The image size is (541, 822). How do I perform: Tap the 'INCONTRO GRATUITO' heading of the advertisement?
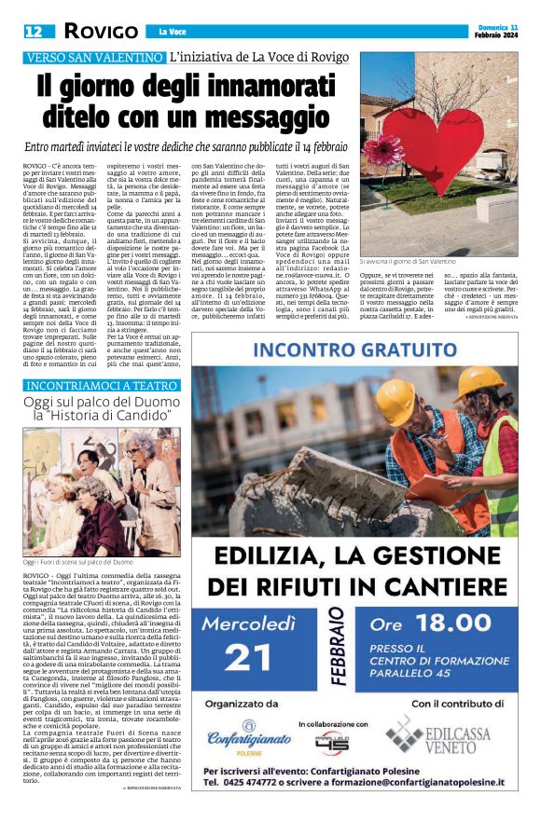[x=354, y=351]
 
